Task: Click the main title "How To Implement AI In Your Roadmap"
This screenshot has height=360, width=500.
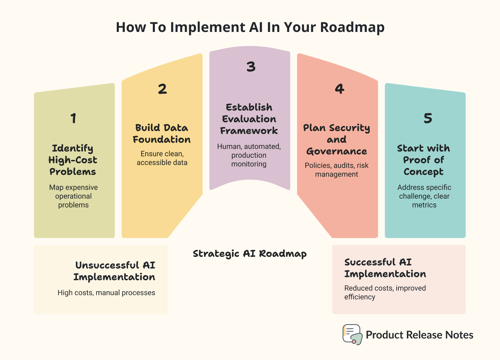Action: pos(250,27)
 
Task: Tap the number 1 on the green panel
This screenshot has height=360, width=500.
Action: pos(73,118)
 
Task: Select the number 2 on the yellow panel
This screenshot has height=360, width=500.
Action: pos(162,89)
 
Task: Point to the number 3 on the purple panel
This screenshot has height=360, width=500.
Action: pos(251,67)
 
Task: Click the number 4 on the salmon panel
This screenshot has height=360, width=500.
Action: pos(339,89)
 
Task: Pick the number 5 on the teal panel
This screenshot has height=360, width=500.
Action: pos(428,118)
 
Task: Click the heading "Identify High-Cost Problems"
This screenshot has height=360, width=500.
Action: pos(73,160)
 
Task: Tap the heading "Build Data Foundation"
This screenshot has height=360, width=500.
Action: pos(162,134)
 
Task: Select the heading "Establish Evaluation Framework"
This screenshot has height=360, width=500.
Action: pos(249,119)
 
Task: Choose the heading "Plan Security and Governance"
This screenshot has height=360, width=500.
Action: pos(337,139)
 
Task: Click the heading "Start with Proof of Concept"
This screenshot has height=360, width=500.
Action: pos(424,160)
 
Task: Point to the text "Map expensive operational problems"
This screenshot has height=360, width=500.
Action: pos(73,196)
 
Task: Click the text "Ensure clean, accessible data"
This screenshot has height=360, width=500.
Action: pos(162,158)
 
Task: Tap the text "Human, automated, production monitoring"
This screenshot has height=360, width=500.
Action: pos(249,155)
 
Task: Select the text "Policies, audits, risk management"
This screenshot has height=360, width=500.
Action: pos(337,170)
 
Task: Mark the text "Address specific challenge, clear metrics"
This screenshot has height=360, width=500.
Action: pos(424,196)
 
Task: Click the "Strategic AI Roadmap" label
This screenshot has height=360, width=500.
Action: pos(250,254)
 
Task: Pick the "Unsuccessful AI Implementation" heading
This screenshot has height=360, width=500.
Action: pos(114,271)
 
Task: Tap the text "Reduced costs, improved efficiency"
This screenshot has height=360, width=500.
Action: pos(385,292)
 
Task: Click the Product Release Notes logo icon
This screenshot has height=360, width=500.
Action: pos(352,334)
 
